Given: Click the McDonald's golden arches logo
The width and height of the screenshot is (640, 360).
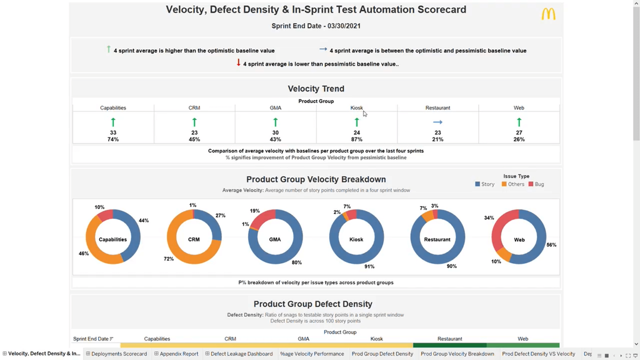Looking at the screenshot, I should [548, 14].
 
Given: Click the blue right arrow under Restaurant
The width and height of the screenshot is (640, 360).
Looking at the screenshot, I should [437, 122].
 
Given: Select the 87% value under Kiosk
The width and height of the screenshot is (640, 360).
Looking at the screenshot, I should [357, 140].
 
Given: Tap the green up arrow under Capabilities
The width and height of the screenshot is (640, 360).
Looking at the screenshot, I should [113, 122].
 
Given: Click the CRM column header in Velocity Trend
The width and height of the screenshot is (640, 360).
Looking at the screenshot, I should [194, 108].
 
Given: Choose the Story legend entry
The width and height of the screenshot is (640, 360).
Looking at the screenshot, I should [485, 184].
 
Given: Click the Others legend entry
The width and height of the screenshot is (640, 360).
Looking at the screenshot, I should [513, 184].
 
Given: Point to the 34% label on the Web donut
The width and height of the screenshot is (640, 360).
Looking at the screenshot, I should [489, 218].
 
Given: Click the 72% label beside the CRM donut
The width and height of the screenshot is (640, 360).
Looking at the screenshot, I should [168, 259].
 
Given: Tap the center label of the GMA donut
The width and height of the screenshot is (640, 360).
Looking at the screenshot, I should [275, 240].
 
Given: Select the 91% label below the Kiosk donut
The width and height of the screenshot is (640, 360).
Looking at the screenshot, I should [369, 267].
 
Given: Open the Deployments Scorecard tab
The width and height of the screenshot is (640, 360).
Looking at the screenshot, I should [119, 354].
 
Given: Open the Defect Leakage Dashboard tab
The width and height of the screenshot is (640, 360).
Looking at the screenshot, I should [241, 354].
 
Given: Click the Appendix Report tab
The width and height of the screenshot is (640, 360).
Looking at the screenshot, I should [179, 354].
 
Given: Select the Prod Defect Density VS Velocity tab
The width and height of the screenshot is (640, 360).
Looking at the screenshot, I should [538, 354].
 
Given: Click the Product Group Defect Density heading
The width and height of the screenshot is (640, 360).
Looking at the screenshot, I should [313, 304].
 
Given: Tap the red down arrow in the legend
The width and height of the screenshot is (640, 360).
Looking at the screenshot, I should [238, 63].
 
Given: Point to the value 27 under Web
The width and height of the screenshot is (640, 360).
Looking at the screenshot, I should [519, 133].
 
